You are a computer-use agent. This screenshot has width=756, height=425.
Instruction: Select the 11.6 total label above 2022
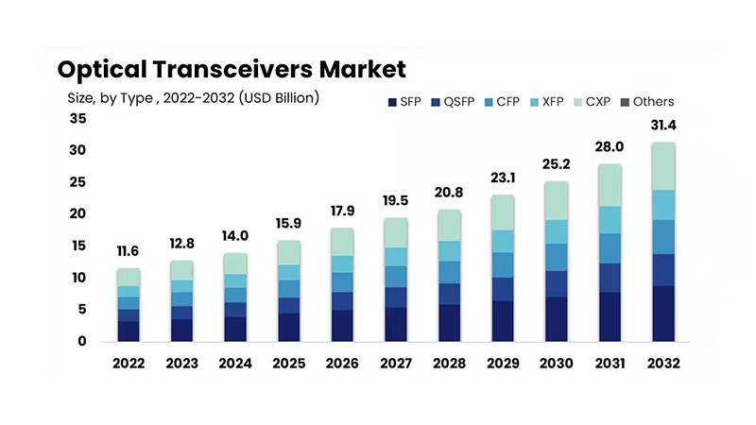(x=129, y=252)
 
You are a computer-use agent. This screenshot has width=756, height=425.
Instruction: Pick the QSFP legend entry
(x=456, y=102)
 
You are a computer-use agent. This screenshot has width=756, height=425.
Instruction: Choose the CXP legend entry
(x=596, y=102)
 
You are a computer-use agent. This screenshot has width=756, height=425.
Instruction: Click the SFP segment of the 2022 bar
(x=129, y=331)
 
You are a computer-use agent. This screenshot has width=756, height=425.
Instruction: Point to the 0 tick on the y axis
(x=82, y=341)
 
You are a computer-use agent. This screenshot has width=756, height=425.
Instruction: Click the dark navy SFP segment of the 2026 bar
(x=341, y=325)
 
